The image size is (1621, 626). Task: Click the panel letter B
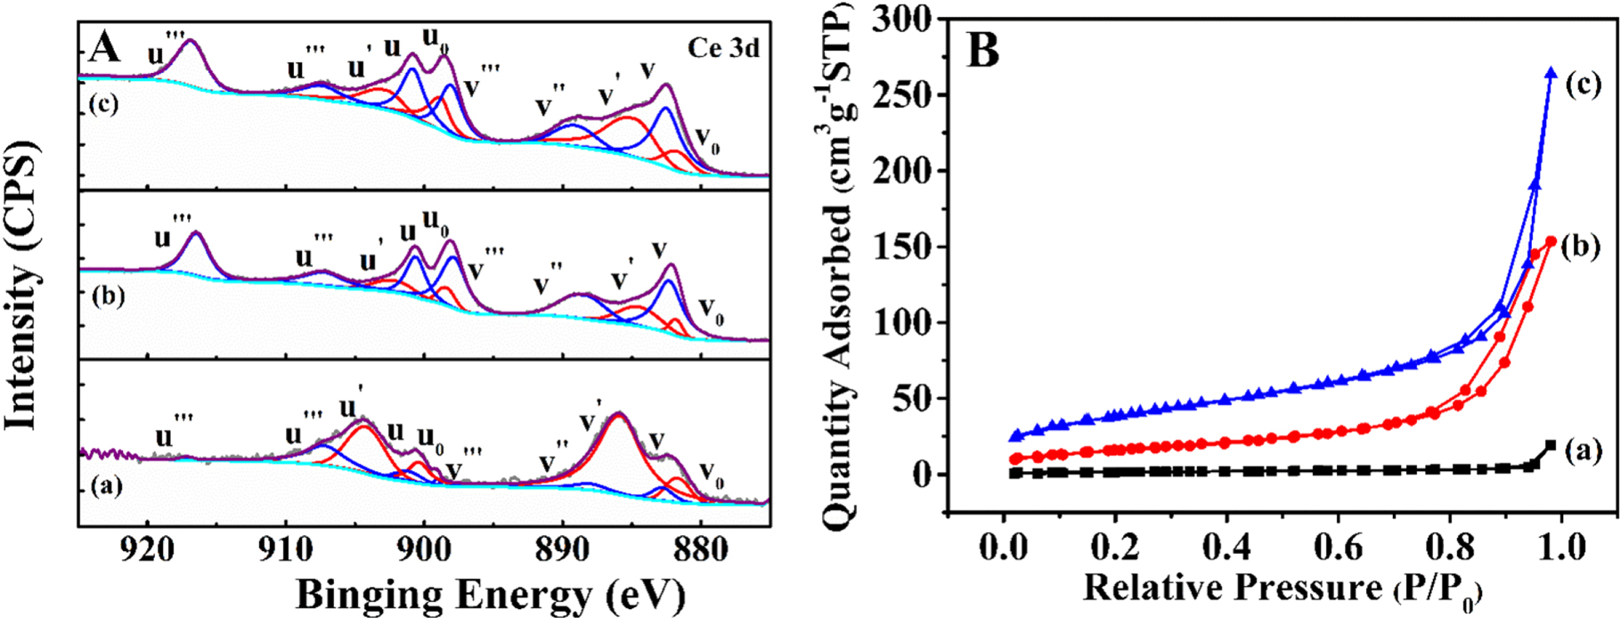click(x=982, y=50)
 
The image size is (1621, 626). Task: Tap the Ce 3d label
click(x=723, y=47)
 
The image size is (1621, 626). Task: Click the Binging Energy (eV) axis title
click(x=490, y=595)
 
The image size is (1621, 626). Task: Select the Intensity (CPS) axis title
click(x=23, y=285)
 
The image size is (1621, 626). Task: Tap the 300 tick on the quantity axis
click(x=902, y=19)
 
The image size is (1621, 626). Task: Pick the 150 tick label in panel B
click(x=902, y=247)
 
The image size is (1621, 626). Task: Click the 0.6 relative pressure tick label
click(x=1339, y=546)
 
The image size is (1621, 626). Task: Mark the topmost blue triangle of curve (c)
click(x=1551, y=73)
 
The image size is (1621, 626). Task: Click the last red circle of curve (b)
click(x=1551, y=241)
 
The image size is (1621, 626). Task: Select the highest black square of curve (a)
click(x=1551, y=445)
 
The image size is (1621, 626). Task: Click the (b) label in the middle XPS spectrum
click(x=108, y=297)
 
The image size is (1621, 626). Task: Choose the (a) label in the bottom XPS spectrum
click(x=107, y=487)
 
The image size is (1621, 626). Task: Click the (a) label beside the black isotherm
click(x=1583, y=452)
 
